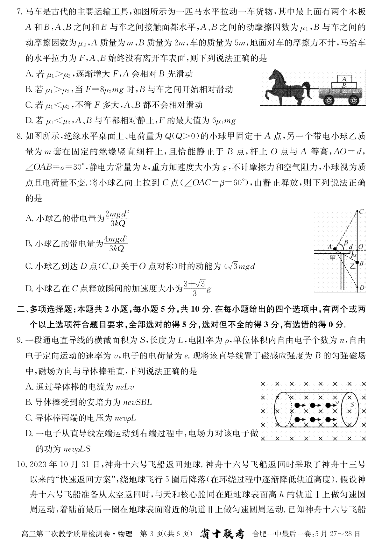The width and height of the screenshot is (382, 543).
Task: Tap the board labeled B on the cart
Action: point(343,85)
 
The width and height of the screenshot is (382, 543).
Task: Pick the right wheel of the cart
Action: point(353,101)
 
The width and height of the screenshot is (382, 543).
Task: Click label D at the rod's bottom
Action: point(362,288)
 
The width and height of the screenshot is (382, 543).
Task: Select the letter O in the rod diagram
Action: point(361,247)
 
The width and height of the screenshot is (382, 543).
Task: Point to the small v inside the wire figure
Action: point(337,402)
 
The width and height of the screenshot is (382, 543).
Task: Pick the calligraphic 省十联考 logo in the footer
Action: point(222,533)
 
